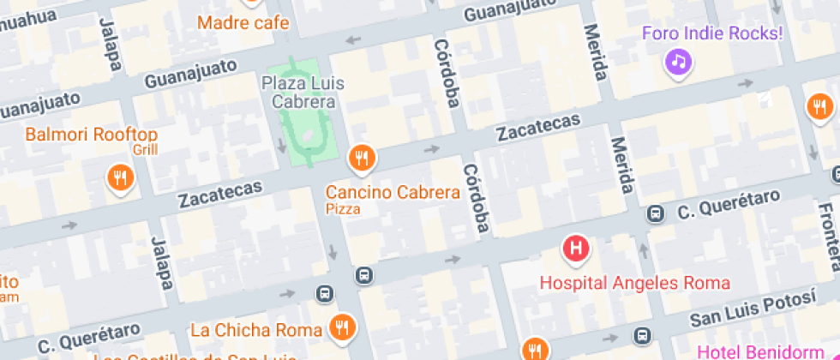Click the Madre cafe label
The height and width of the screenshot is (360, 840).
coord(243,22)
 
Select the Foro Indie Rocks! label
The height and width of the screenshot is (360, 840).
coord(713,33)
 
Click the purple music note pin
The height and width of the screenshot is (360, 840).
coord(679,61)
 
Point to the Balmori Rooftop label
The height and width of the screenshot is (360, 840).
coord(92,135)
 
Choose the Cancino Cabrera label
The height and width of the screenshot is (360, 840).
coord(393,192)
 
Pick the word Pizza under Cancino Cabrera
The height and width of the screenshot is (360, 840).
coord(342,208)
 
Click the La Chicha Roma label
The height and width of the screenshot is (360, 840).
coord(256,330)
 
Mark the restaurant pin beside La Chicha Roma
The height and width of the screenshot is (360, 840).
coord(343,326)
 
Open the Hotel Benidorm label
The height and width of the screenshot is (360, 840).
coord(768,351)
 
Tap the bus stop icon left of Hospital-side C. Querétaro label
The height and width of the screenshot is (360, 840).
coord(656,213)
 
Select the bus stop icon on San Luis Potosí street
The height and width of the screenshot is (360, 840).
coord(641,335)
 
